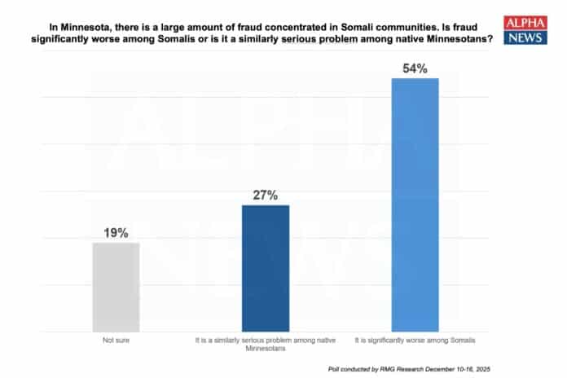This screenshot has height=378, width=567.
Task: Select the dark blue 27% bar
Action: (266, 268)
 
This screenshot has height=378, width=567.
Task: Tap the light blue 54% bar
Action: (415, 204)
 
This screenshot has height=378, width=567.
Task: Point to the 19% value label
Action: (116, 233)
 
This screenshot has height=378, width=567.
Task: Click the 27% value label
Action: (266, 196)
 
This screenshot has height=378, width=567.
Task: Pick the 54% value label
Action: (415, 68)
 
